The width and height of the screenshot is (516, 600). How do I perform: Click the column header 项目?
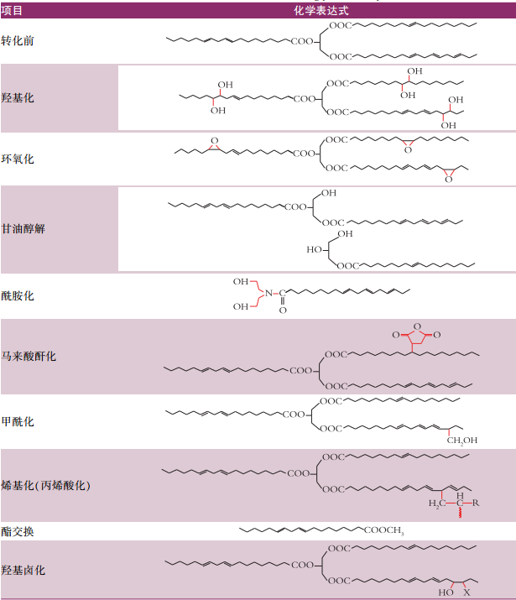coord(12,10)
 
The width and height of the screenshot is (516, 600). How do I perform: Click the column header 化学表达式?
coord(321,10)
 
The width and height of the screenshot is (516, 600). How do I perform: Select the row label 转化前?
coord(18,40)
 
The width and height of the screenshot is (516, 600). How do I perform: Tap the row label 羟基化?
coord(18,97)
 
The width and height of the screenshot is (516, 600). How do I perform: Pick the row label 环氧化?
coord(18,159)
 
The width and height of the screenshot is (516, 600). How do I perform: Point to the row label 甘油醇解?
coord(23,228)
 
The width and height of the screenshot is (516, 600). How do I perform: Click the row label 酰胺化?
coord(18,295)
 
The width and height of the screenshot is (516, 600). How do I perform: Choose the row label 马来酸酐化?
coord(29,357)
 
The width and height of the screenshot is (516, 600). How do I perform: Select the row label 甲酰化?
coord(18,421)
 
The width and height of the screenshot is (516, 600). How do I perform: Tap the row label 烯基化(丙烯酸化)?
coord(45,485)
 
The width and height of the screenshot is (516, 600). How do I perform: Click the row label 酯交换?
coord(18,531)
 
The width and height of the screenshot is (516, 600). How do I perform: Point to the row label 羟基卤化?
coord(23,570)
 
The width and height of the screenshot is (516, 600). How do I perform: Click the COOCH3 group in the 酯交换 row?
coord(383,530)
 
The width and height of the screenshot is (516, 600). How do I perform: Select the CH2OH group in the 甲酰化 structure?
coord(461,441)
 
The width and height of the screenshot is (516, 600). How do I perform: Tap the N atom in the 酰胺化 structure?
coord(268,293)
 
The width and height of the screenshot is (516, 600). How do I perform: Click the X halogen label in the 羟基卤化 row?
coord(466,592)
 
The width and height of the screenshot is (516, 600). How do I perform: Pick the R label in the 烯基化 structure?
coord(476,503)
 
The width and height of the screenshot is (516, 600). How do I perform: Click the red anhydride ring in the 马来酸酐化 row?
coord(417,335)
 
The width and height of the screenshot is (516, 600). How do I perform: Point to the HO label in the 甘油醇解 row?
coord(314,249)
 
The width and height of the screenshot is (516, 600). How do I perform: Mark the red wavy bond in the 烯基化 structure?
coord(460,512)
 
